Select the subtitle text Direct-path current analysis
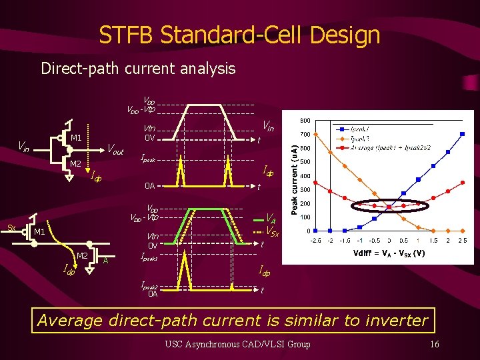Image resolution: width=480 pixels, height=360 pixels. click(x=138, y=68)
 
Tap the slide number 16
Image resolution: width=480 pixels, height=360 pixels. click(x=434, y=344)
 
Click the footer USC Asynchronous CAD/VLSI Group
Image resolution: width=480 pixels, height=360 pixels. click(x=238, y=344)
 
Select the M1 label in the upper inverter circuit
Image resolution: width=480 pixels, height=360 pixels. click(x=76, y=138)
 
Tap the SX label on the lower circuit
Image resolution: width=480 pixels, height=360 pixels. click(x=11, y=227)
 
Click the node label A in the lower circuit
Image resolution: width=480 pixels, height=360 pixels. click(x=106, y=261)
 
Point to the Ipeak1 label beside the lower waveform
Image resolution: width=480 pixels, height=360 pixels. click(x=149, y=257)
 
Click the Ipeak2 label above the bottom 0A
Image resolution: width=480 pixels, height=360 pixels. click(x=149, y=285)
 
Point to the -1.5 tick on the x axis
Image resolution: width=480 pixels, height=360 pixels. click(x=344, y=241)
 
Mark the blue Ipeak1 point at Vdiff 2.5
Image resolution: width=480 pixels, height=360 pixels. click(x=463, y=134)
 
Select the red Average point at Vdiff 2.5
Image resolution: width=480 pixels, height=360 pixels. click(x=463, y=181)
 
